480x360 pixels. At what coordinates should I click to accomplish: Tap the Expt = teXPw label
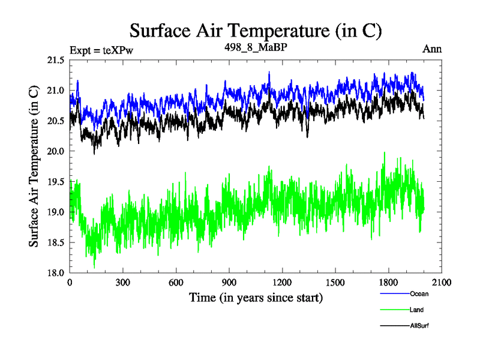point(101,50)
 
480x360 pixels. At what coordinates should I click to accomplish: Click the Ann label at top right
point(432,49)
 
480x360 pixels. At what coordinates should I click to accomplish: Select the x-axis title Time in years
point(256,298)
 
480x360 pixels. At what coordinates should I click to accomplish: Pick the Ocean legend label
point(419,294)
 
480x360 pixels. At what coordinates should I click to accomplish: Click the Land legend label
point(417,310)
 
